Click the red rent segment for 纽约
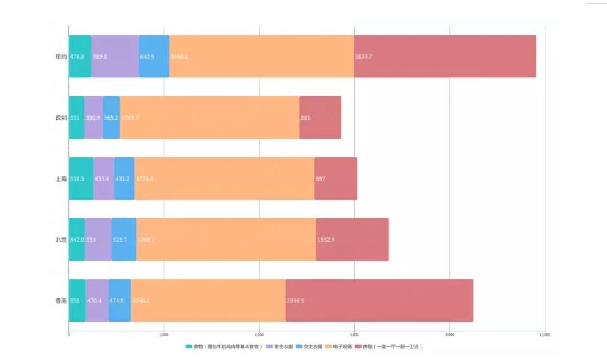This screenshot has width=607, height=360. point(445,56)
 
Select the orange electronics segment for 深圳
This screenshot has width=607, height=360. point(209,117)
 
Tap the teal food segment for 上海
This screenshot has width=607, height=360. point(81,178)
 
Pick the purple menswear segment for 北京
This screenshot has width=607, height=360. point(98,239)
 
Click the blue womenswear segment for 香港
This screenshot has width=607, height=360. point(120,300)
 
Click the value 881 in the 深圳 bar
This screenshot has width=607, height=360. point(305,117)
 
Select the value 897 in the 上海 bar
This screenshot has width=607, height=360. point(321,178)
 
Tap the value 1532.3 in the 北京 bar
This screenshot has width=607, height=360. point(325,239)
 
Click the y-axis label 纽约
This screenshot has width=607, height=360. point(60,56)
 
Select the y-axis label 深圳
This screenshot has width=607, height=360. point(60,117)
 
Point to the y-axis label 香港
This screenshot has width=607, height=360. point(60,300)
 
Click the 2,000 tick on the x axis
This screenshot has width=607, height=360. point(164,334)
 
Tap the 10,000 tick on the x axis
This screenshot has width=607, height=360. point(545,334)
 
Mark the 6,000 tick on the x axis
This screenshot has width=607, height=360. point(354,334)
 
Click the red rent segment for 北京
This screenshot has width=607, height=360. point(352,239)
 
